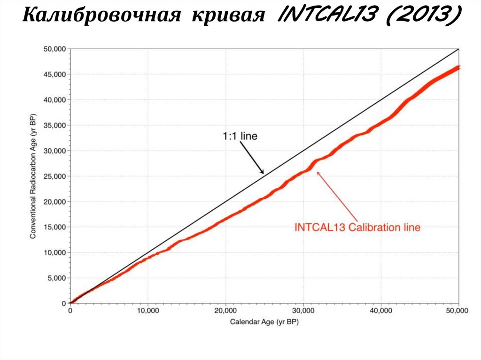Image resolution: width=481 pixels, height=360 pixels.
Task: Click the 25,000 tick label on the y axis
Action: (55, 176)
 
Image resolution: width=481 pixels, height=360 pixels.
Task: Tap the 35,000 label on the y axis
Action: (55, 125)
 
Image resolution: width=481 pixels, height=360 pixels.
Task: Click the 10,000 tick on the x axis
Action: (148, 311)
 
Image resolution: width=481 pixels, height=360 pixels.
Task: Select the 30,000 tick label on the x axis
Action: (303, 311)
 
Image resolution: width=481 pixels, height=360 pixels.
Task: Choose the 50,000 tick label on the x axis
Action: (458, 311)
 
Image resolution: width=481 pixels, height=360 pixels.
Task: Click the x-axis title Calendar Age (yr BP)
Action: (264, 322)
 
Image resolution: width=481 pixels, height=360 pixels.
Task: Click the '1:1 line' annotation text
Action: (240, 137)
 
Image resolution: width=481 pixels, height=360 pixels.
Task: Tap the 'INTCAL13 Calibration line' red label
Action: (357, 228)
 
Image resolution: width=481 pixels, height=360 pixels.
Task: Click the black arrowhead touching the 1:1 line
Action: (262, 172)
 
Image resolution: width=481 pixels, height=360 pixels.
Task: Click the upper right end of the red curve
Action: (458, 68)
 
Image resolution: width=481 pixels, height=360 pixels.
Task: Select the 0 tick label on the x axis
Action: (70, 311)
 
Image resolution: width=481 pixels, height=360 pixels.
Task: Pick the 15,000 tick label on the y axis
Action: (55, 227)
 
